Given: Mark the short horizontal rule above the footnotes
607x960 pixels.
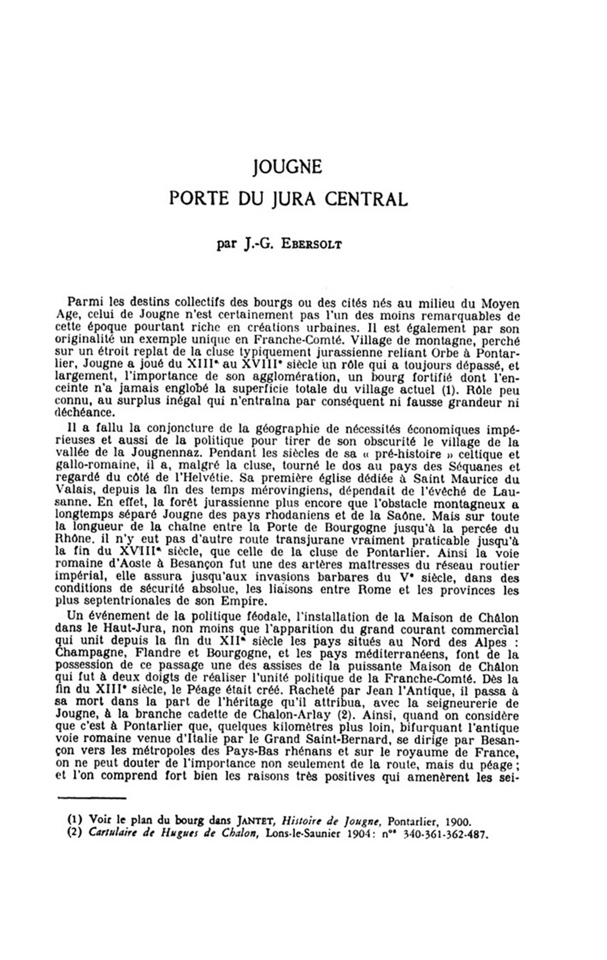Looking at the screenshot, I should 91,799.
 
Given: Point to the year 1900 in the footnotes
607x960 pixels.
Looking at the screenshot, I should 456,822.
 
